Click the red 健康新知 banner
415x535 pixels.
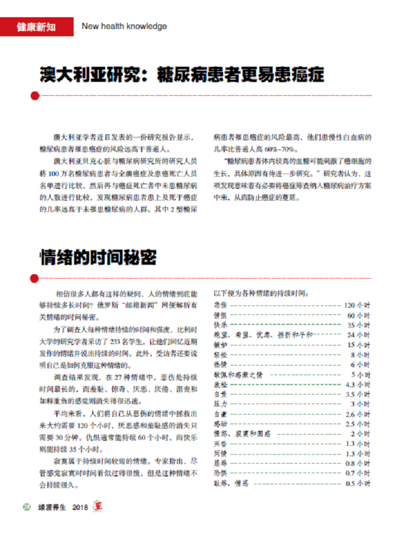[36, 26]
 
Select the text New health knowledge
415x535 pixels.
[124, 26]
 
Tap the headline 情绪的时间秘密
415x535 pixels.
[98, 257]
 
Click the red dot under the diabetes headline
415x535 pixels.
[35, 96]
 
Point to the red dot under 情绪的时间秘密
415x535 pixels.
[35, 278]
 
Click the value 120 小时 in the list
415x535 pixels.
[357, 305]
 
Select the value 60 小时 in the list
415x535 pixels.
[359, 315]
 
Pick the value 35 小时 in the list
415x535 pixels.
[359, 325]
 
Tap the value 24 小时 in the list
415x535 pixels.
[359, 335]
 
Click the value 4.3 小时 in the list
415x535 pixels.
[358, 385]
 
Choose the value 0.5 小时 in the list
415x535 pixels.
[358, 483]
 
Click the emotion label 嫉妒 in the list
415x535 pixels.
[220, 345]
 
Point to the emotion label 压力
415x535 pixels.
[220, 404]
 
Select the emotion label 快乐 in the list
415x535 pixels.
[220, 325]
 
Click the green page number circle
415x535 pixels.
[27, 507]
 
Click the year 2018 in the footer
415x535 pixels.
[80, 507]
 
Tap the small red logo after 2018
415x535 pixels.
[98, 507]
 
